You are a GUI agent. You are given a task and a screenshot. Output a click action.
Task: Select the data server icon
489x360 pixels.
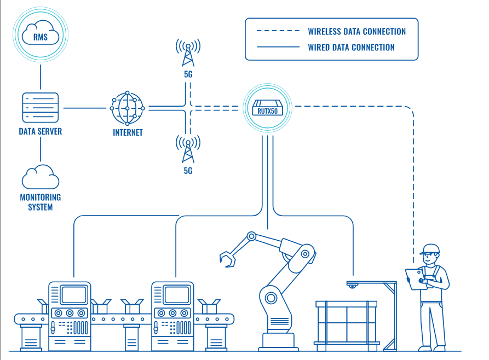tap(40, 108)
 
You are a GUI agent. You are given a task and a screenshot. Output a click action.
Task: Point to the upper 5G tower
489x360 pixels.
tap(188, 53)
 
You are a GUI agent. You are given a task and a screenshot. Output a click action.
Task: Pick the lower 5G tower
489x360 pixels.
tap(188, 149)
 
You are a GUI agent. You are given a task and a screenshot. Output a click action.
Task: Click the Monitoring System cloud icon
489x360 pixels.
tap(40, 177)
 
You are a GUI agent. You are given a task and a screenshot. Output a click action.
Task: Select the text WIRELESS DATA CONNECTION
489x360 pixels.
tap(356, 32)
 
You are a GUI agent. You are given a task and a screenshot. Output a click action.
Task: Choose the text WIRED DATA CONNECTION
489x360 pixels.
tap(351, 48)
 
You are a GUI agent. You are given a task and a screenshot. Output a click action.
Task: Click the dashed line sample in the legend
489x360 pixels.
tap(278, 32)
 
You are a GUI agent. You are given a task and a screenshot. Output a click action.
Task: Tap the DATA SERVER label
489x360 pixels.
tap(40, 131)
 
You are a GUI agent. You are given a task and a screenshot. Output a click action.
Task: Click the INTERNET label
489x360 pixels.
tap(128, 132)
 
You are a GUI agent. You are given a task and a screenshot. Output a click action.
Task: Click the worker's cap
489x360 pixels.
tap(430, 249)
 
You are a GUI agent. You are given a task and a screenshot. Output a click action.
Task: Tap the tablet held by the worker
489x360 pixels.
tap(413, 278)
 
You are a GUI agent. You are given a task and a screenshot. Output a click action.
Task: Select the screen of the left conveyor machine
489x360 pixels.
tap(74, 295)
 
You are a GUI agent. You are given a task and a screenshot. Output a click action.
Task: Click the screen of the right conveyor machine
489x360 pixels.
tap(177, 295)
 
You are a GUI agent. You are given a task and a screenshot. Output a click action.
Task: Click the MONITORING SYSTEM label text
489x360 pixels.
tap(40, 202)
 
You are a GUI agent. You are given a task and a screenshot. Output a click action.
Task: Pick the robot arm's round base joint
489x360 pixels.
tap(271, 298)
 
